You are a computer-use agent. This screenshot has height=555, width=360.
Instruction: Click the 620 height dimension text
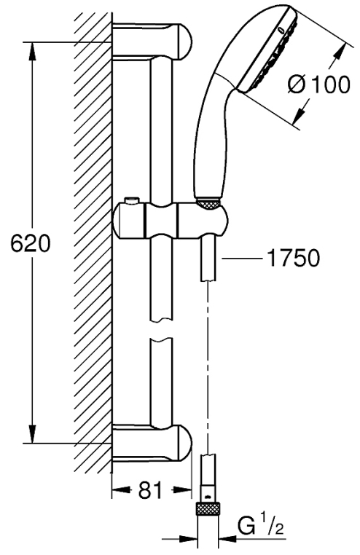pyautogui.click(x=31, y=243)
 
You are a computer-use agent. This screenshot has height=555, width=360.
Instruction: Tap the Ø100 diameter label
pyautogui.click(x=318, y=85)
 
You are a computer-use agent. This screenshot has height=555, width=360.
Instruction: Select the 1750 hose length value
pyautogui.click(x=293, y=258)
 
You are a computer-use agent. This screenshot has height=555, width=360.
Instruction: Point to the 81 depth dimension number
pyautogui.click(x=150, y=490)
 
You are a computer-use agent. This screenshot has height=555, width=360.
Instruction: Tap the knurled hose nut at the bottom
pyautogui.click(x=208, y=511)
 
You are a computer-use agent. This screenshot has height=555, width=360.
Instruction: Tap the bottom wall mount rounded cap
pyautogui.click(x=185, y=443)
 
